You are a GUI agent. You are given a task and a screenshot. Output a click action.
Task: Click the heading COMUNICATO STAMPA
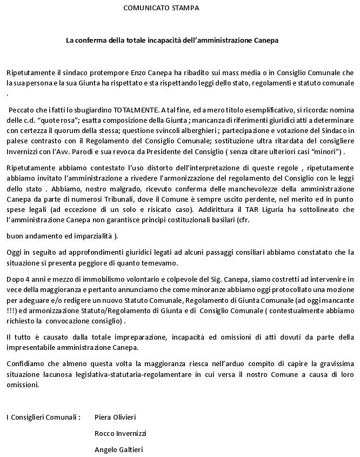(x=161, y=8)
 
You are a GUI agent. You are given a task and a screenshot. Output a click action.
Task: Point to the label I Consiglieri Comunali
(x=43, y=417)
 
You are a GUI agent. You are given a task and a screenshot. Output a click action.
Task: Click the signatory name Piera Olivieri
(x=115, y=417)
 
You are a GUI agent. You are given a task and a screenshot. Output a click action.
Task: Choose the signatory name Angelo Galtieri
(x=118, y=449)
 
